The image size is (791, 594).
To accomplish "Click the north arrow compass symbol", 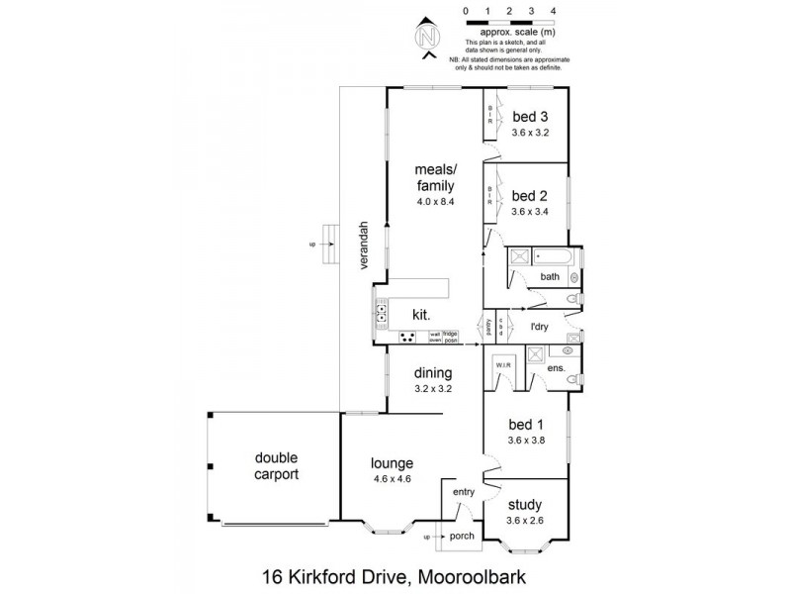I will point(427,39).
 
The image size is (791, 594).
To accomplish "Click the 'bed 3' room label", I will point(530,116).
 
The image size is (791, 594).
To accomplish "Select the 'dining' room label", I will point(433,373).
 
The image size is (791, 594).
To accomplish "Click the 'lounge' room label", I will point(392,462).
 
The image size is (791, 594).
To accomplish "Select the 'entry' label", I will point(465,492).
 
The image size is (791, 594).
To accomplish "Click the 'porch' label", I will point(462,538).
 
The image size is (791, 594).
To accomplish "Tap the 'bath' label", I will point(550,276).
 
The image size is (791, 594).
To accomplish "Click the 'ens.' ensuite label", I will point(555,368).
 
